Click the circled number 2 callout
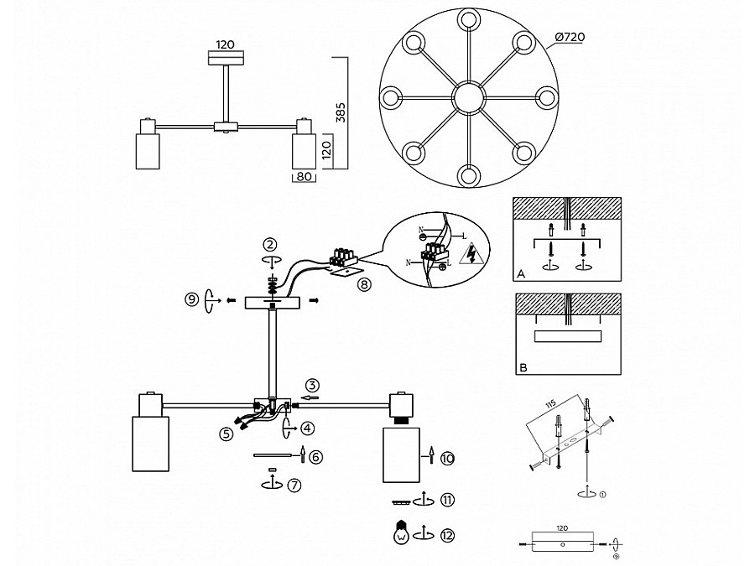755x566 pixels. click(x=269, y=245)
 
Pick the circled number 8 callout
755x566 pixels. click(x=362, y=285)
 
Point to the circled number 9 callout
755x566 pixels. click(x=192, y=299)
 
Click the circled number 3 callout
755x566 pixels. click(x=312, y=386)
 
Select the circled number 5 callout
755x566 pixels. click(x=226, y=434)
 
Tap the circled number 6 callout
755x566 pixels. click(x=315, y=456)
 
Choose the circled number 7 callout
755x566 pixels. click(x=294, y=484)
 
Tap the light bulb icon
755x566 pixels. click(x=400, y=532)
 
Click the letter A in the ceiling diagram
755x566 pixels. click(x=521, y=273)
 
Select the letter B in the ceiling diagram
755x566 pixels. click(x=521, y=367)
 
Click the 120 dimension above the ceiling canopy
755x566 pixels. click(x=226, y=44)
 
